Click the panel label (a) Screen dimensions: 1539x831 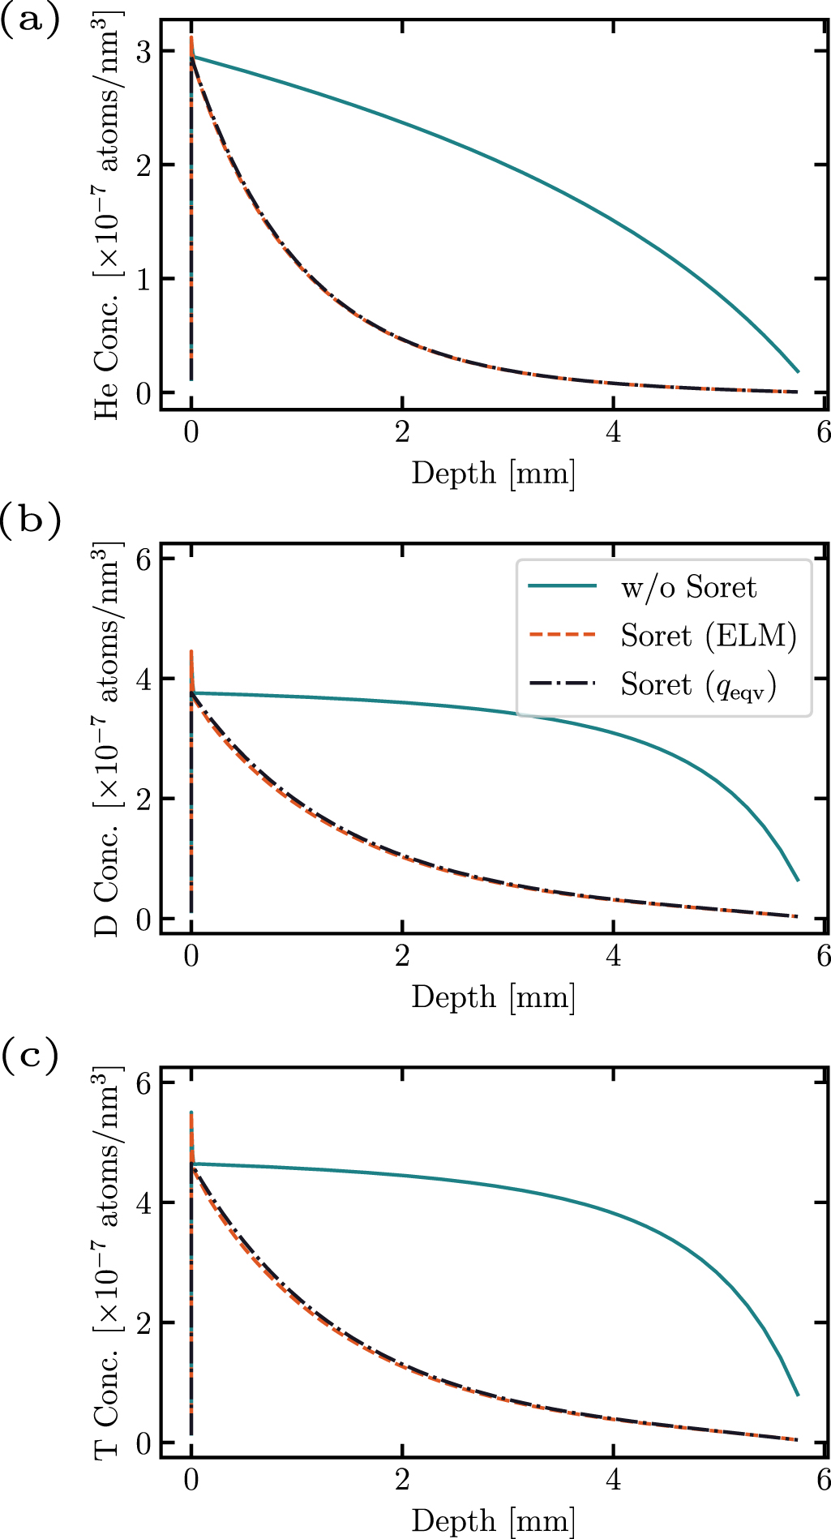tap(30, 19)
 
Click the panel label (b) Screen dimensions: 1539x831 tap(30, 520)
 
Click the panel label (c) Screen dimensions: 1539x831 tap(30, 1057)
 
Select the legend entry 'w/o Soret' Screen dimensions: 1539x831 tap(688, 587)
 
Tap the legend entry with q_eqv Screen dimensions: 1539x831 tap(698, 685)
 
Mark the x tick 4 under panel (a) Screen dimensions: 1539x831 tap(614, 433)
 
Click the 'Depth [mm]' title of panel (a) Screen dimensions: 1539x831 tap(494, 473)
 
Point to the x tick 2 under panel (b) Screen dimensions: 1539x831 tap(402, 957)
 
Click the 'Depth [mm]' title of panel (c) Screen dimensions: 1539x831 tap(494, 1520)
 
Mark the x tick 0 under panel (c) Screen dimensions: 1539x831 tap(191, 1481)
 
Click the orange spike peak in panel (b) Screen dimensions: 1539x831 tap(191, 651)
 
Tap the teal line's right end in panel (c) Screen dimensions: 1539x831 tap(799, 1395)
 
